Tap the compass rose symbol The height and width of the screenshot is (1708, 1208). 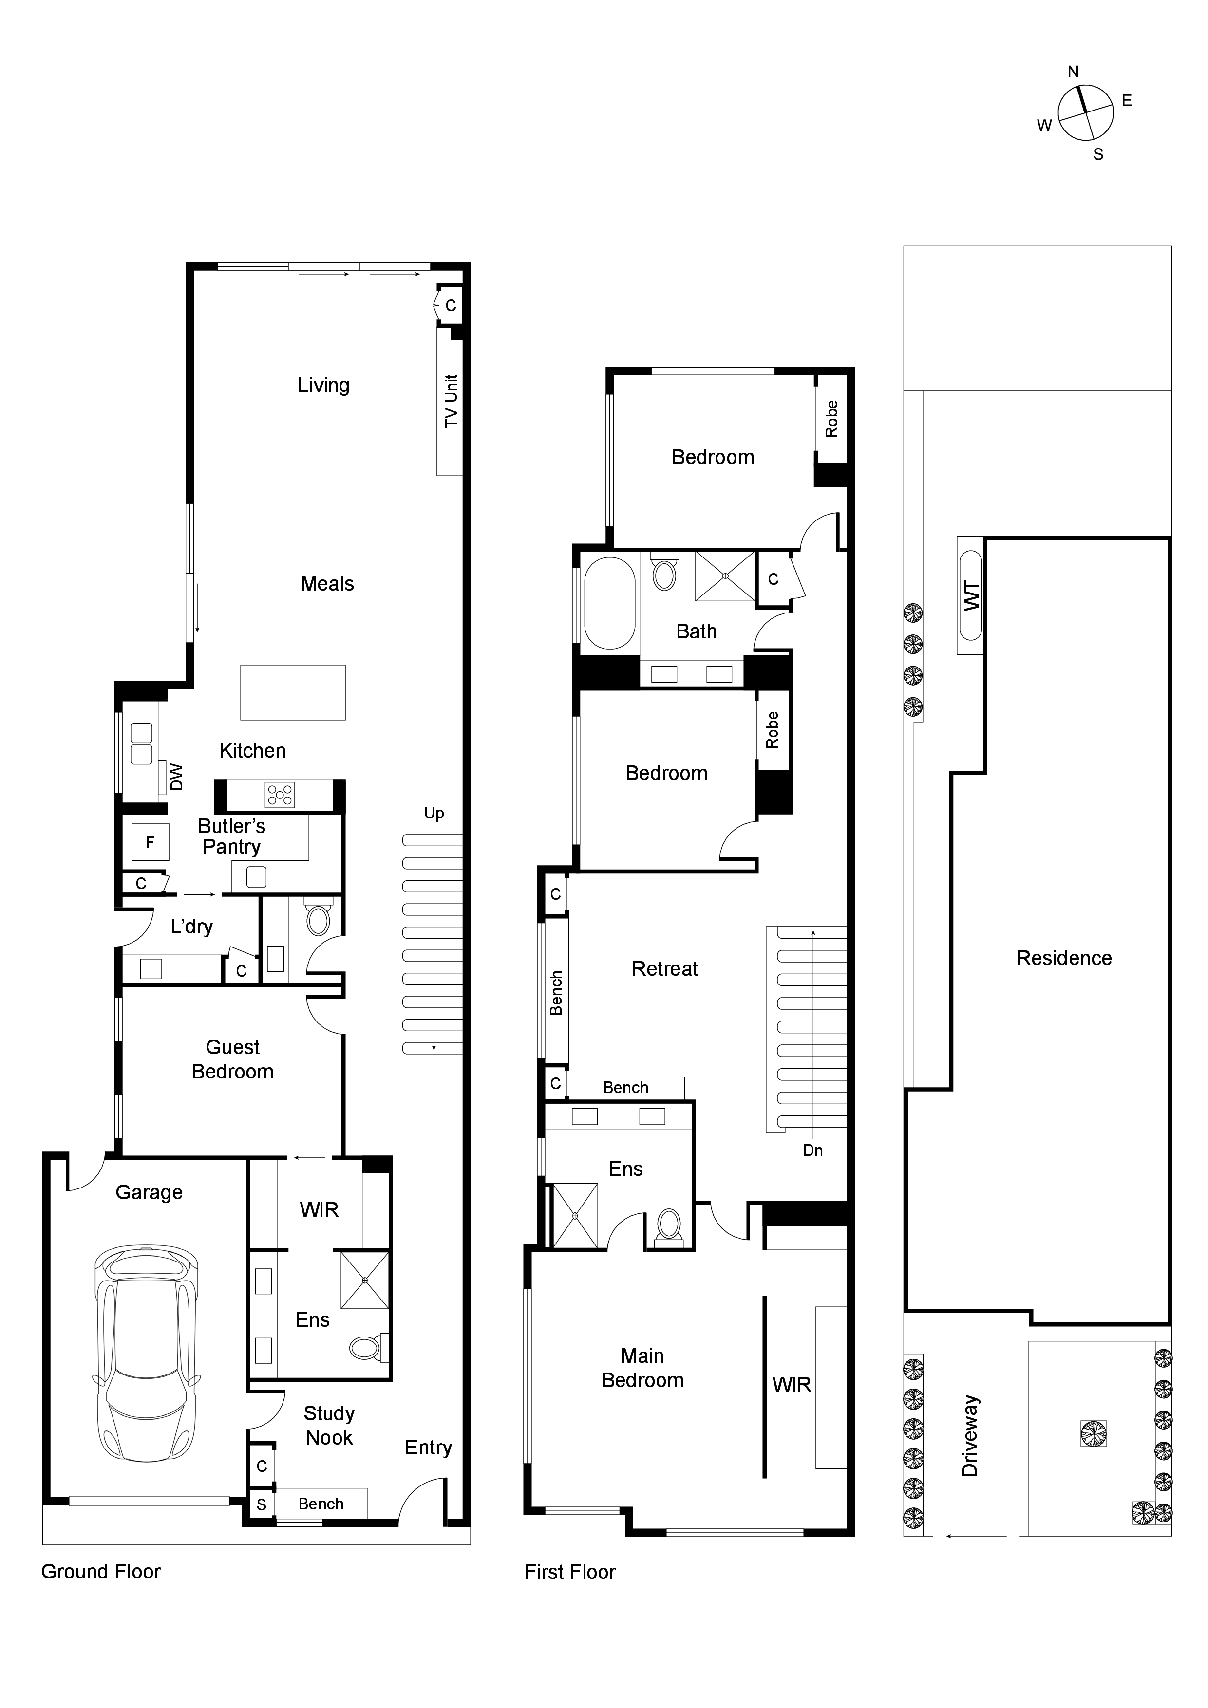[x=1085, y=112]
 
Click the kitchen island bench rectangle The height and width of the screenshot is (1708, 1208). [x=293, y=692]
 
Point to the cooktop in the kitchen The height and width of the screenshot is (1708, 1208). [x=280, y=795]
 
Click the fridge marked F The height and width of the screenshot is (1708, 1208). [x=151, y=842]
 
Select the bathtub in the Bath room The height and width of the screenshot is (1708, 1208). [x=609, y=603]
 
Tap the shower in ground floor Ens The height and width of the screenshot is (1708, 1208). [x=365, y=1280]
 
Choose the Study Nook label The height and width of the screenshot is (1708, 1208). [x=329, y=1425]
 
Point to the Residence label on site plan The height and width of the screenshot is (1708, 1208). [x=1064, y=958]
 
